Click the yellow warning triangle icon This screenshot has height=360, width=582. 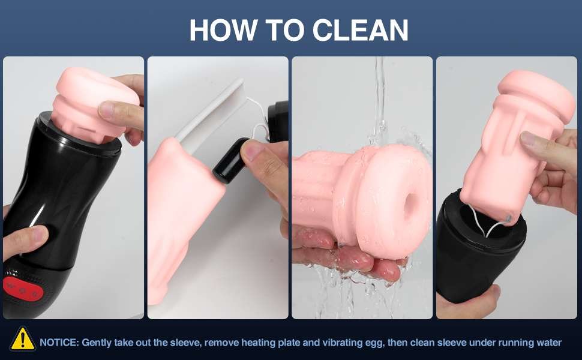coord(23,338)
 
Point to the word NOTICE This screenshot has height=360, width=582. coord(59,342)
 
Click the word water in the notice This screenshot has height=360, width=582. coord(548,343)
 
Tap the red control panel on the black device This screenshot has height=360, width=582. coord(23,289)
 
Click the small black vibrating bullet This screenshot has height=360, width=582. coord(231,161)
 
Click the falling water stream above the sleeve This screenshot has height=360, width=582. coord(379,100)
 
